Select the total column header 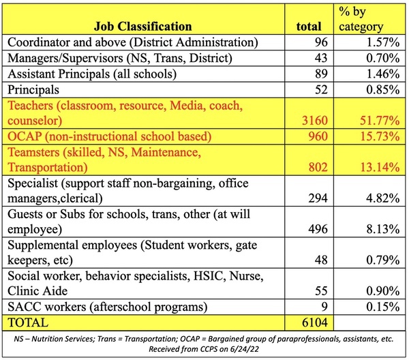pyautogui.click(x=309, y=27)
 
